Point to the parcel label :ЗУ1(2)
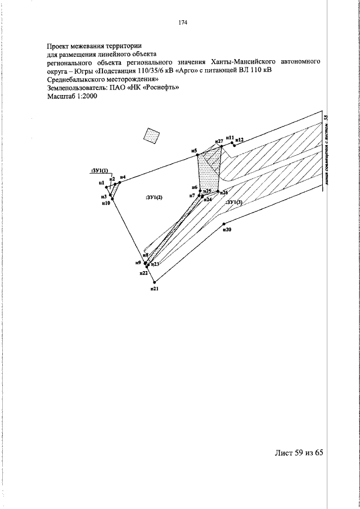click(153, 197)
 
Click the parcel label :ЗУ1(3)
click(233, 202)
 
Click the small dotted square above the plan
click(152, 135)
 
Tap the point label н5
click(193, 151)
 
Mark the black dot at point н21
click(155, 282)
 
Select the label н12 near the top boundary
click(240, 138)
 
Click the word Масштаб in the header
click(62, 96)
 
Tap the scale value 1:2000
click(88, 96)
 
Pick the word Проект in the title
click(61, 46)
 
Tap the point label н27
click(219, 141)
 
